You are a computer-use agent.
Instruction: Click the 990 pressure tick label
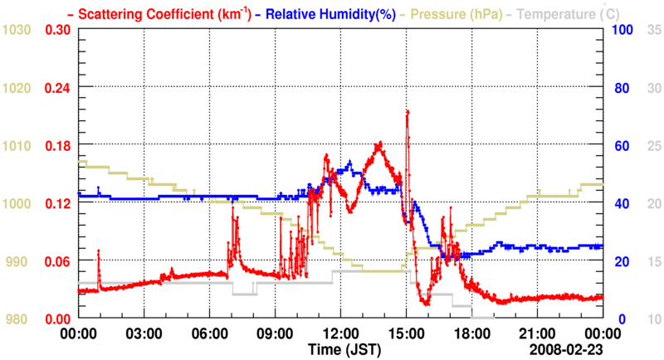click(18, 261)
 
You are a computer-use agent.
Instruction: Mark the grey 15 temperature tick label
click(652, 261)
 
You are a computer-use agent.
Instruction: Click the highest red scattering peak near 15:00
click(407, 111)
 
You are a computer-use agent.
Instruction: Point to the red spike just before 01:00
click(98, 251)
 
